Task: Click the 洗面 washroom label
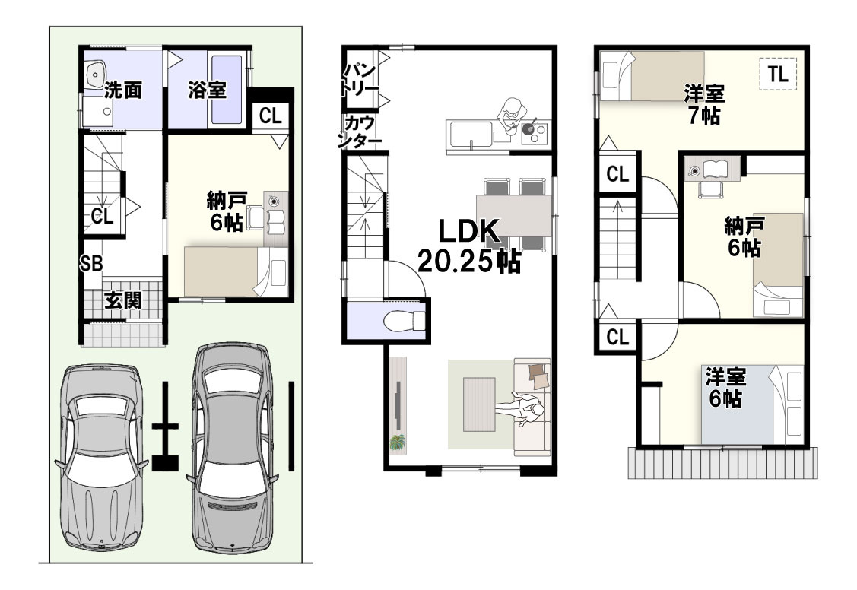point(123,90)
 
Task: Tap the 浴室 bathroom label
point(207,90)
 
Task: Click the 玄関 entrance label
point(123,300)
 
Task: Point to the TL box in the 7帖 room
point(779,73)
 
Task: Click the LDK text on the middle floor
point(469,232)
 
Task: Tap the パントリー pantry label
point(359,78)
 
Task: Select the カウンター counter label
point(359,132)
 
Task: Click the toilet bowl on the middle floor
point(404,321)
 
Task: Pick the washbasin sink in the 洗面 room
point(96,73)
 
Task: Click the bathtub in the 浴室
point(227,90)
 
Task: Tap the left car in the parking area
point(101,456)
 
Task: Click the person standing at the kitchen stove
point(512,116)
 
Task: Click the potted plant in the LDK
point(398,442)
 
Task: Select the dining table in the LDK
point(514,215)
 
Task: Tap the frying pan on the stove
point(529,128)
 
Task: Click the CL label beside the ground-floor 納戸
point(270,116)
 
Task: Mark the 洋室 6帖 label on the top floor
point(725,388)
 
